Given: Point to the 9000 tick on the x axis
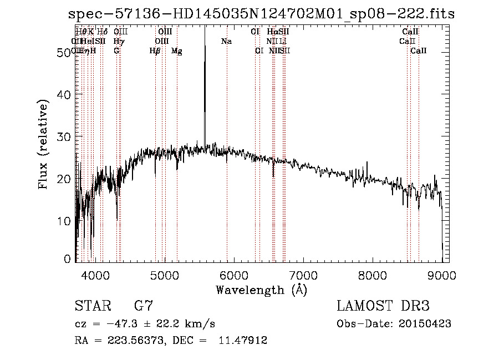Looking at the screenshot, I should point(442,275).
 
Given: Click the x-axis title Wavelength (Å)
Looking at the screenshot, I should point(261,290).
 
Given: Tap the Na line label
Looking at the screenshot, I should point(226,41).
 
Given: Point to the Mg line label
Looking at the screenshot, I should point(177,50).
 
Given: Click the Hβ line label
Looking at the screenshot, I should point(155,50).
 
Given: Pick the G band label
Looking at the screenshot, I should point(116,50).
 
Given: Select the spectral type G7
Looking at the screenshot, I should point(143,306).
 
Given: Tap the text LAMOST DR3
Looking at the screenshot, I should point(383,306).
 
